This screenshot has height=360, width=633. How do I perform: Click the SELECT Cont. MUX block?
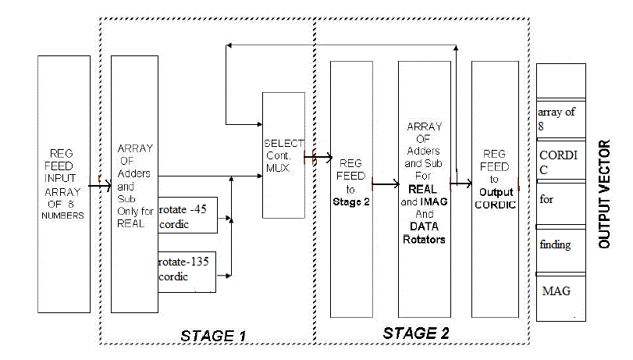(283, 155)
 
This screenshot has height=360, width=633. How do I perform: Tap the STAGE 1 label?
(213, 336)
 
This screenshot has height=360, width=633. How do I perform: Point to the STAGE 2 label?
(416, 333)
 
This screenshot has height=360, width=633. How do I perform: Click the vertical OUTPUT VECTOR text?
(604, 194)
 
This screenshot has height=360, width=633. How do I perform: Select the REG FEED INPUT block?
(62, 184)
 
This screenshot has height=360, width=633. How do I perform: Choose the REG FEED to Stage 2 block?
(350, 189)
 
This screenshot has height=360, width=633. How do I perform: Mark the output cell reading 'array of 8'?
(560, 117)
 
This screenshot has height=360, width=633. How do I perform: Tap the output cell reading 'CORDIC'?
(560, 161)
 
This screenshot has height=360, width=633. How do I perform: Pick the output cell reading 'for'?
(560, 205)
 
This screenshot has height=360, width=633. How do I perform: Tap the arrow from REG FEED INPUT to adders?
(99, 186)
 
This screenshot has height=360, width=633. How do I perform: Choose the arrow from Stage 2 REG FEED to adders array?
(385, 185)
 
